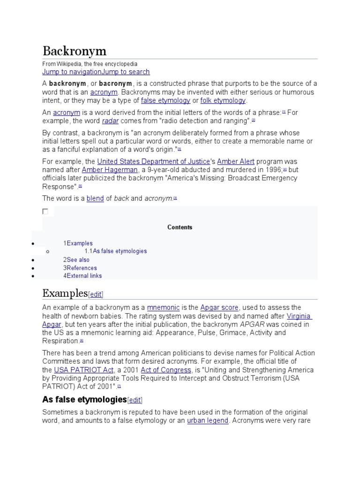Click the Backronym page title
point(74,51)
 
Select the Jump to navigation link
point(72,72)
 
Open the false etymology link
point(165,100)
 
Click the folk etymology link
point(223,100)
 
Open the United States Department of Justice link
point(153,161)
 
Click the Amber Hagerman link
point(110,170)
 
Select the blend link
point(95,198)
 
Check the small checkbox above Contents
point(45,211)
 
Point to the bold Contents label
point(180,227)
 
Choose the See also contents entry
point(78,260)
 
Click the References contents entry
point(82,268)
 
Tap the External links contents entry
point(84,276)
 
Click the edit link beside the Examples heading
point(96,294)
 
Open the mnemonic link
point(163,307)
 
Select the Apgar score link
point(219,307)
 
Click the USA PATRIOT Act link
point(83,370)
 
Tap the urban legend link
point(208,420)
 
